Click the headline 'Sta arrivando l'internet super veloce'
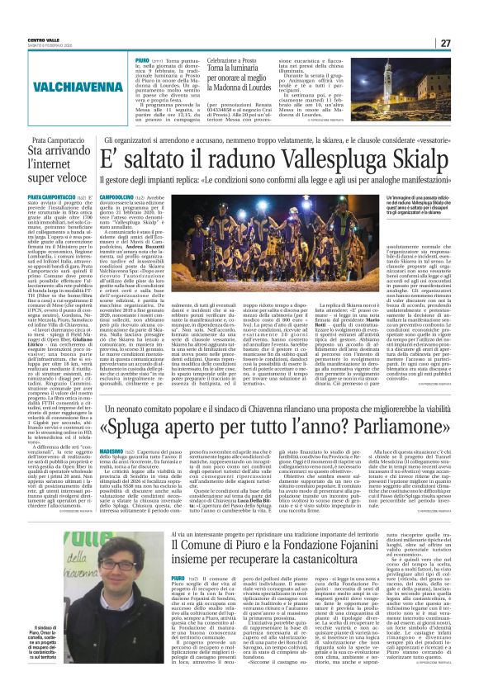pos(50,162)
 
